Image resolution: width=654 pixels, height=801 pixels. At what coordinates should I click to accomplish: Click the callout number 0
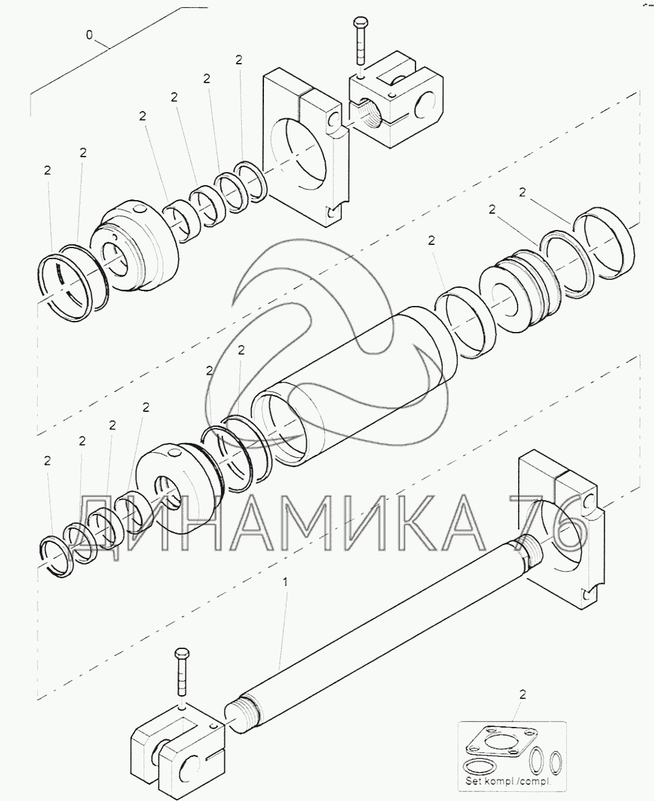(x=89, y=35)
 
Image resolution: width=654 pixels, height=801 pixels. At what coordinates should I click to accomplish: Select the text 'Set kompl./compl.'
(x=508, y=782)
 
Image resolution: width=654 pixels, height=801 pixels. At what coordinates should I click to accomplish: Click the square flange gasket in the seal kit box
(x=499, y=739)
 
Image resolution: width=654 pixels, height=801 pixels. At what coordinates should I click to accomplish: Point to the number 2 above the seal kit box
(x=523, y=694)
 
